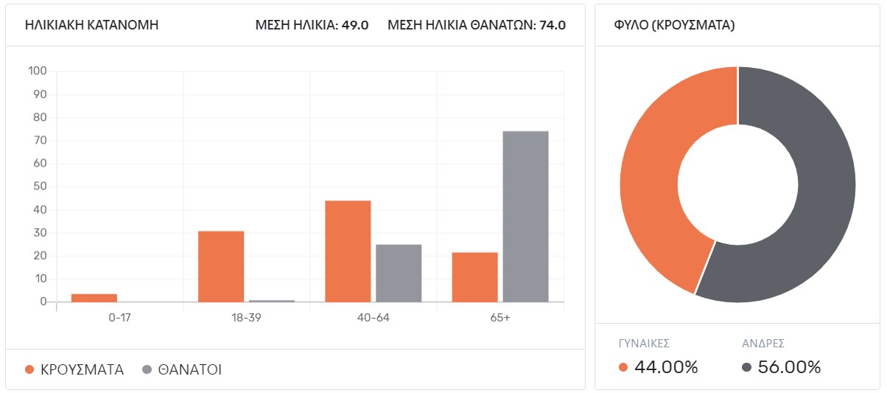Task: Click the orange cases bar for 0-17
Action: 94,298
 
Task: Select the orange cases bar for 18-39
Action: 221,266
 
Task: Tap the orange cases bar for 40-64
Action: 348,251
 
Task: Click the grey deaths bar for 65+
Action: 525,216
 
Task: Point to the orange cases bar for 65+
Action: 475,277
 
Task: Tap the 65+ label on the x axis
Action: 499,318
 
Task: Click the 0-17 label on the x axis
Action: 119,318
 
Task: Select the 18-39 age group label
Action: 246,318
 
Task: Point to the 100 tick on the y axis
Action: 38,72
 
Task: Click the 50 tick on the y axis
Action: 40,187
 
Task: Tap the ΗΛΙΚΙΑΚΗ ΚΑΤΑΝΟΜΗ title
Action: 91,25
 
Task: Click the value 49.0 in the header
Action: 355,25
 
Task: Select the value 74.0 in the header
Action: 553,25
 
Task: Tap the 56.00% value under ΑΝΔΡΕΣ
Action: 789,367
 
